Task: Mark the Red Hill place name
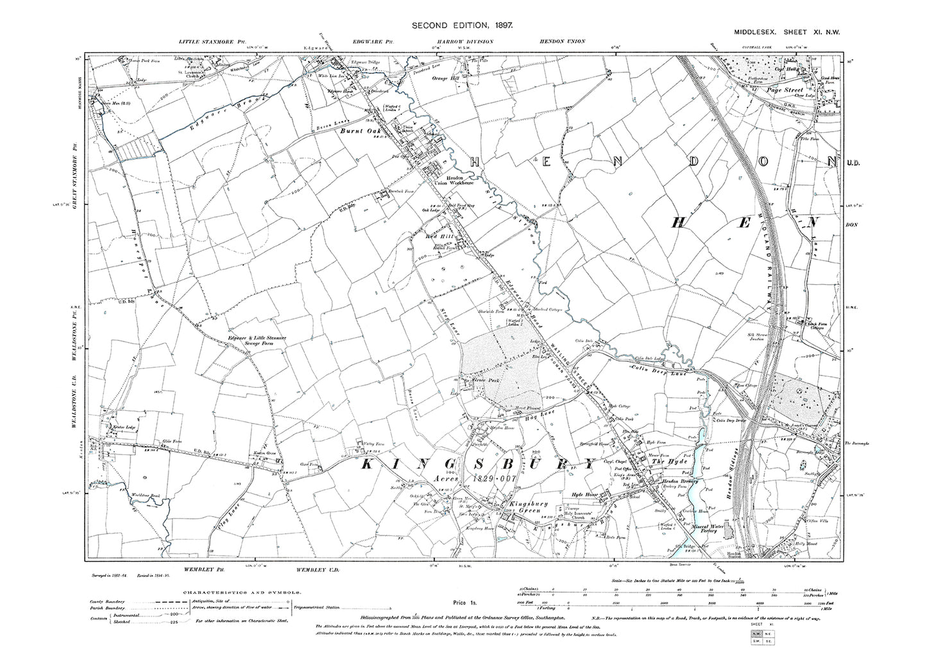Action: [x=441, y=237]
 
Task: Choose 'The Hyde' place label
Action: [x=665, y=462]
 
